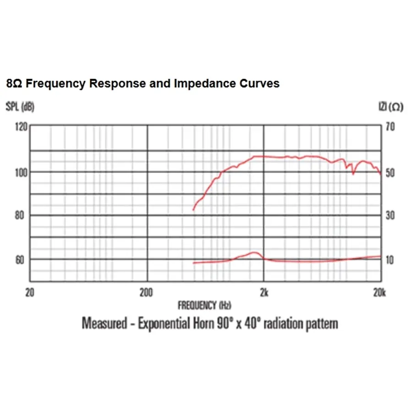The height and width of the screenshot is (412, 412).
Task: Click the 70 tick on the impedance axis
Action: click(x=390, y=127)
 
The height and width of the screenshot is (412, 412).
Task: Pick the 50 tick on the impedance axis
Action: click(x=390, y=172)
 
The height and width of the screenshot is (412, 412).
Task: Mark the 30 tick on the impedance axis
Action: click(x=390, y=215)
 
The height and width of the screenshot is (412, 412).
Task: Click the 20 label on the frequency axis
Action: click(x=30, y=293)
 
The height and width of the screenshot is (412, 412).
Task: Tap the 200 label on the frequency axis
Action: click(x=146, y=293)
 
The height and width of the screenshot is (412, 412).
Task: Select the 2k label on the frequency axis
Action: click(x=263, y=293)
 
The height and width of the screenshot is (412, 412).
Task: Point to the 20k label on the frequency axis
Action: click(x=379, y=293)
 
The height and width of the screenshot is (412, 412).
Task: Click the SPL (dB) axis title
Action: click(x=20, y=107)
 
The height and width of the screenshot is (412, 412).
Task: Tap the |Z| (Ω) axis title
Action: click(x=390, y=107)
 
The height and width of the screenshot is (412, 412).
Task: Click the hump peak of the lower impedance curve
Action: click(x=253, y=252)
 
